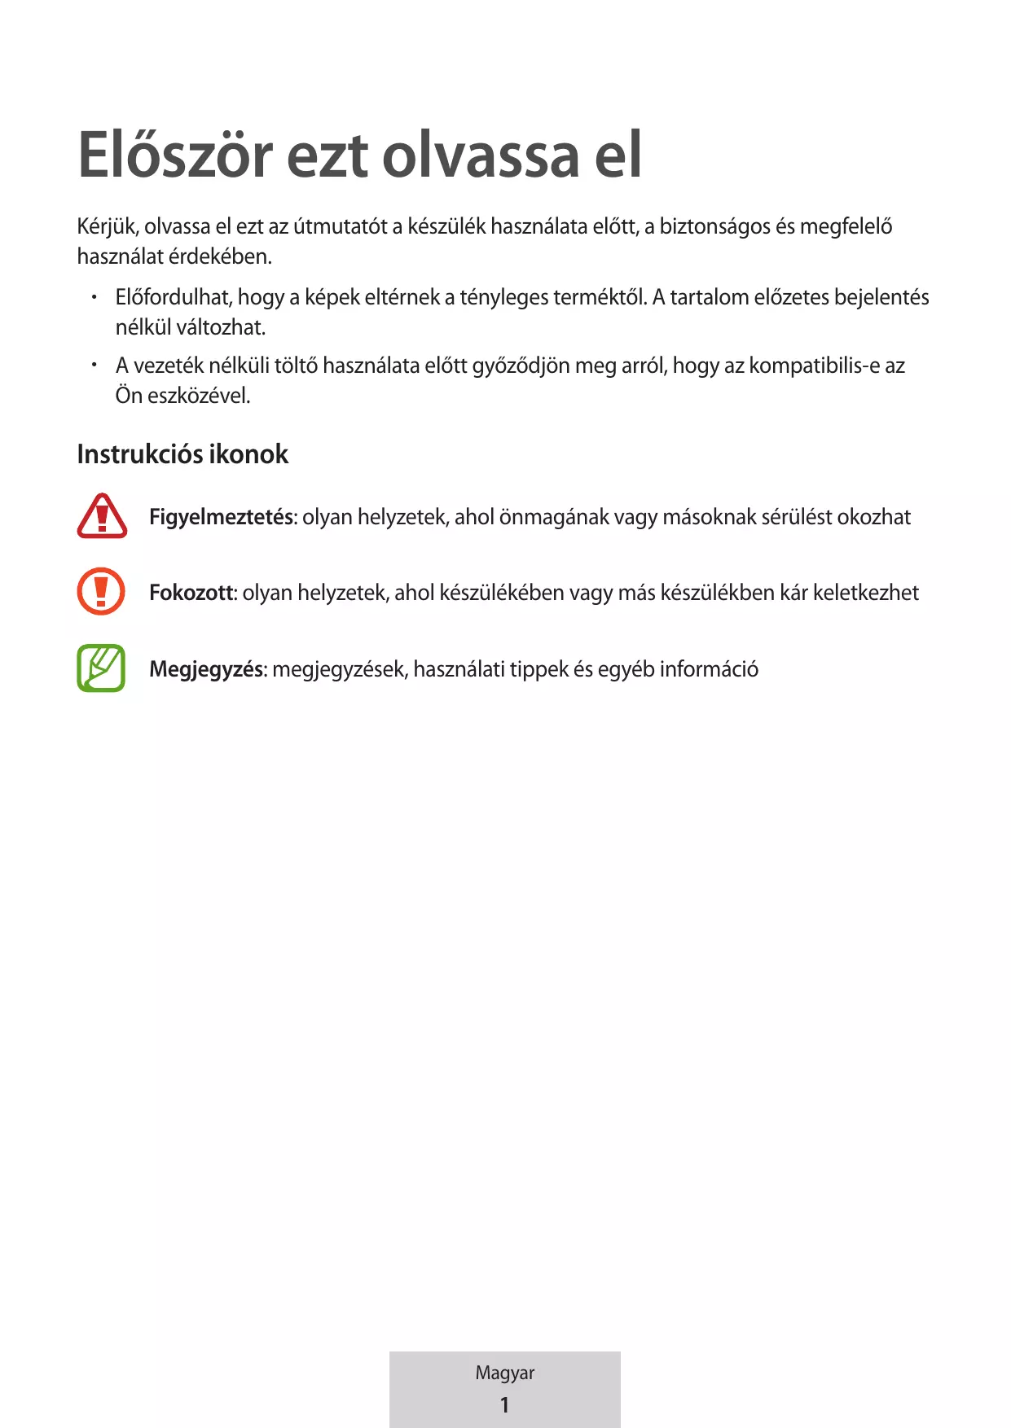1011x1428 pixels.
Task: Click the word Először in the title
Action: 175,155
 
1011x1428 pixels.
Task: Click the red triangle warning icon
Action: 102,516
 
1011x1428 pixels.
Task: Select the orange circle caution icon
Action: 101,591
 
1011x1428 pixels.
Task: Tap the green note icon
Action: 101,668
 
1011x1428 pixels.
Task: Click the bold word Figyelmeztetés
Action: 222,517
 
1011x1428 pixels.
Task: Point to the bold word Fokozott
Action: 192,593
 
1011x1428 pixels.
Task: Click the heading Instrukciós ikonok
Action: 182,454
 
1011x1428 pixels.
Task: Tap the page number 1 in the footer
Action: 504,1404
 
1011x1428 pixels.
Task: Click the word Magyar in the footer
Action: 505,1373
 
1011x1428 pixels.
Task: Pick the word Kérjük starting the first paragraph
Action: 108,227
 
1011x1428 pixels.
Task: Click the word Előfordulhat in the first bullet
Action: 174,297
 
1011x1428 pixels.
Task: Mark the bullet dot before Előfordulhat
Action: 95,297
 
